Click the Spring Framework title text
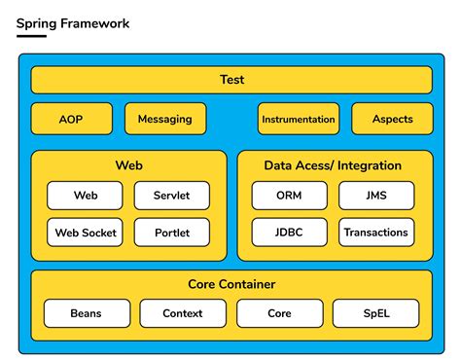tap(73, 22)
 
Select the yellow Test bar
tap(230, 80)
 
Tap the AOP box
tap(70, 119)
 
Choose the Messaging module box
tap(165, 119)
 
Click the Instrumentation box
tap(299, 119)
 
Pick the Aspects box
tap(392, 119)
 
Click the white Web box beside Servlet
tap(86, 196)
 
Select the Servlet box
tap(171, 196)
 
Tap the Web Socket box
tap(86, 233)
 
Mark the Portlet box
tap(171, 233)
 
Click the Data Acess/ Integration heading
tap(333, 165)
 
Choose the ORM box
tap(289, 196)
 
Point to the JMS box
tap(376, 196)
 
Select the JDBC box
tap(289, 233)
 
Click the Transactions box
tap(376, 233)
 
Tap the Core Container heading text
tap(231, 284)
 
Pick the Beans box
tap(86, 313)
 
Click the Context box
tap(183, 313)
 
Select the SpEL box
tap(375, 313)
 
